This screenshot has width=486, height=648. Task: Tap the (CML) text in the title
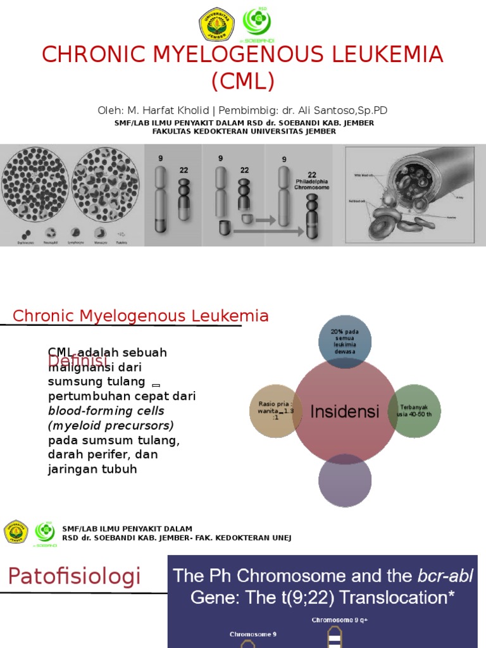[243, 81]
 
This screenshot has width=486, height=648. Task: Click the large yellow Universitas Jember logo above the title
[217, 25]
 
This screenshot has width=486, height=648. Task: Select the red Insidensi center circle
[344, 411]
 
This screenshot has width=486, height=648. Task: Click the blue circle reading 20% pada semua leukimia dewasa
[344, 342]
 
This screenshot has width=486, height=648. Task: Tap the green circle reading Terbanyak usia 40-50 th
[414, 411]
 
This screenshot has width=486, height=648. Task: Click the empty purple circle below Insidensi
[344, 481]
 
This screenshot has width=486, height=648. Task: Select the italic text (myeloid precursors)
[111, 425]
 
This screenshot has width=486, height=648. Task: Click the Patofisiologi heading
[74, 576]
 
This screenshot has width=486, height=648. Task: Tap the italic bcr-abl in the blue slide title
[445, 576]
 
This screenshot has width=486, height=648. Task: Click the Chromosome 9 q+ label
[339, 620]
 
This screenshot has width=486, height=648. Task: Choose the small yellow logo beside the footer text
[16, 532]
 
